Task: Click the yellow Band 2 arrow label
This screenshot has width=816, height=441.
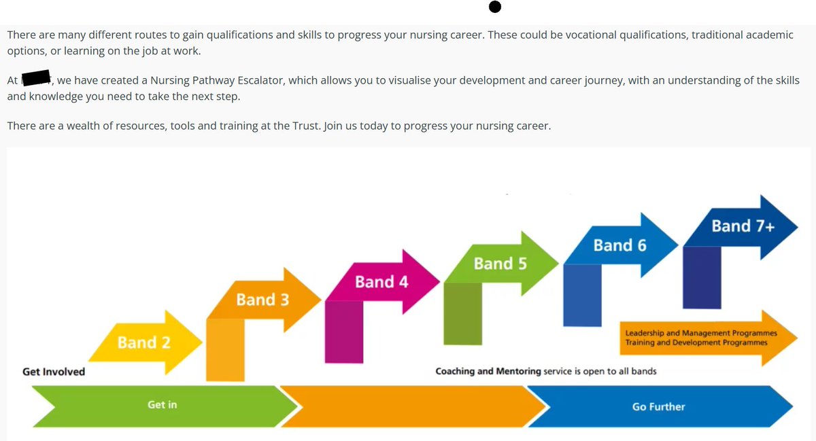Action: pyautogui.click(x=144, y=342)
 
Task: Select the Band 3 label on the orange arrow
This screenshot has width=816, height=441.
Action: pyautogui.click(x=262, y=299)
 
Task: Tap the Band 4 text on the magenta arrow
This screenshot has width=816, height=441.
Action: pyautogui.click(x=381, y=281)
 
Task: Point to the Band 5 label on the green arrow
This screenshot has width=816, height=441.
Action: pyautogui.click(x=500, y=263)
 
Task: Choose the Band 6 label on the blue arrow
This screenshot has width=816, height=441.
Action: pyautogui.click(x=619, y=245)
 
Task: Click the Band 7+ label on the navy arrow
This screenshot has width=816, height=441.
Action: pyautogui.click(x=743, y=226)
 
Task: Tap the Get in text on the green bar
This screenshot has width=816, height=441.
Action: pyautogui.click(x=162, y=405)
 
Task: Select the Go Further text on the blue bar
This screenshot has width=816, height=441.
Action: pyautogui.click(x=658, y=406)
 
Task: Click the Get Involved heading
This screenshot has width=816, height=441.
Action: pyautogui.click(x=54, y=372)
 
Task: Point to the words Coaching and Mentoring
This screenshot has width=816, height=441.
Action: pyautogui.click(x=488, y=372)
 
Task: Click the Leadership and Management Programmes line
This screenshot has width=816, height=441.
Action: pyautogui.click(x=701, y=334)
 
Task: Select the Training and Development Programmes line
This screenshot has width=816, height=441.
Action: pyautogui.click(x=696, y=343)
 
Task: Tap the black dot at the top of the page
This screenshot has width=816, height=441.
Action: pyautogui.click(x=495, y=7)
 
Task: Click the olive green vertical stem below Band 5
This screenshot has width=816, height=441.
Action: pyautogui.click(x=462, y=313)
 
